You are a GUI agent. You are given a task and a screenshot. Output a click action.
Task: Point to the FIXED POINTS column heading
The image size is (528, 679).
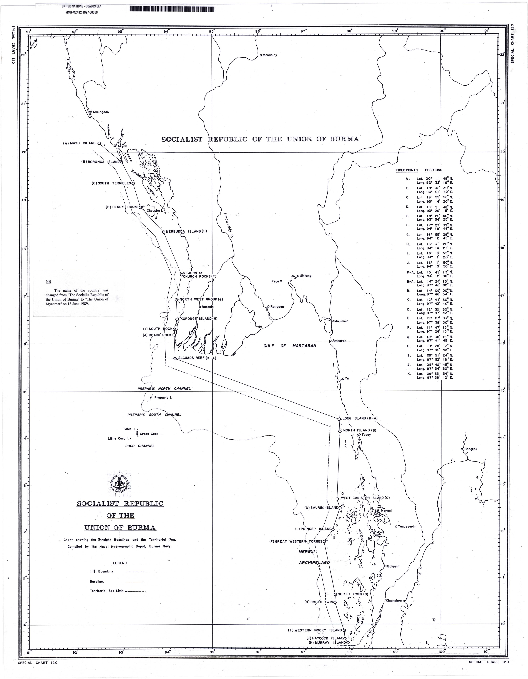[406, 170]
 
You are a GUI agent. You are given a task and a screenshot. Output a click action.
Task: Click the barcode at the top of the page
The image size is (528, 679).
[172, 9]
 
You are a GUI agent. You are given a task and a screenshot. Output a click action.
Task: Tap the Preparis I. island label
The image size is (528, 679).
[163, 398]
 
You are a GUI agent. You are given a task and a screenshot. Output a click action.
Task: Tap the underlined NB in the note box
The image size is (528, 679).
[48, 282]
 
